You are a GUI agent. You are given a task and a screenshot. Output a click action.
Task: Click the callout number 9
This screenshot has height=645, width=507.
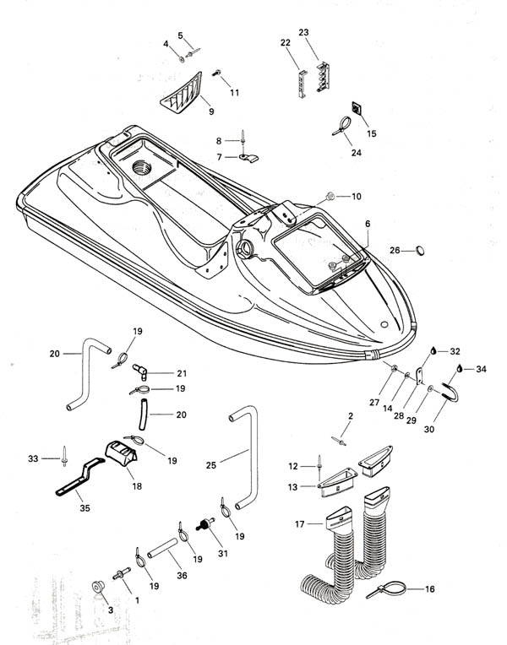pos(210,110)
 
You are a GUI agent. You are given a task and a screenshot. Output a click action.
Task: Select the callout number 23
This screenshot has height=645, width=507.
pos(303,33)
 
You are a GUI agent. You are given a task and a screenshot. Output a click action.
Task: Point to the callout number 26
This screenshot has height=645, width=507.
pos(395,250)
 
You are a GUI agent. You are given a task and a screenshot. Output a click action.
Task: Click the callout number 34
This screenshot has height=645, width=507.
pos(481,369)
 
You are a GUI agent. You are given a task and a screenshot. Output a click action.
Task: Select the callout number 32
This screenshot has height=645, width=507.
pos(455,350)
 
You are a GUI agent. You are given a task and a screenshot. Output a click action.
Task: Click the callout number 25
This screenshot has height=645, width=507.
pos(211,464)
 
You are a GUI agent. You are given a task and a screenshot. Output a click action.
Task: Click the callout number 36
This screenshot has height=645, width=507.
pos(183,574)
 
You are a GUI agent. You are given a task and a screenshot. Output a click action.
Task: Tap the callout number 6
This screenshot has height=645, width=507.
pos(368,224)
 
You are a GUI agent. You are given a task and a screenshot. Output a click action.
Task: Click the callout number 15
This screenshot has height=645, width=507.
pos(372,133)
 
